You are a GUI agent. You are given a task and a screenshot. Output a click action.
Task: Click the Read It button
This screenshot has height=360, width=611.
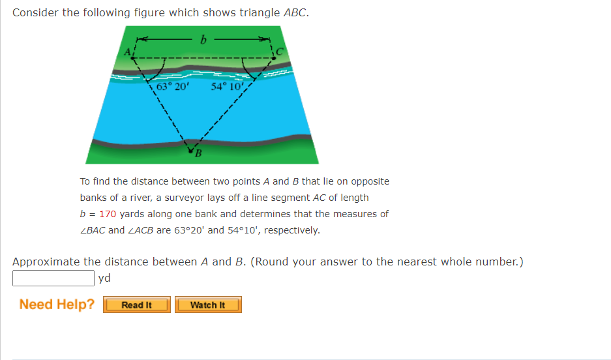(x=137, y=305)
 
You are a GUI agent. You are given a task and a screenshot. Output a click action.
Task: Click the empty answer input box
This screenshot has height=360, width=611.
(x=53, y=278)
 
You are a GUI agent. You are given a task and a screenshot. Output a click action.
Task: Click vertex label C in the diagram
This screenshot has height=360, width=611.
(x=280, y=51)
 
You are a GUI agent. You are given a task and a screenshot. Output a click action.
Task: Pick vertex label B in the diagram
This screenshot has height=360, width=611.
(x=196, y=154)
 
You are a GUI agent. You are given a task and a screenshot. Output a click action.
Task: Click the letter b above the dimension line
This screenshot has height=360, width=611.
(x=203, y=40)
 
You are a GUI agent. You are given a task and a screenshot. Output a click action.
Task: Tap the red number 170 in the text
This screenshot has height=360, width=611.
(x=108, y=214)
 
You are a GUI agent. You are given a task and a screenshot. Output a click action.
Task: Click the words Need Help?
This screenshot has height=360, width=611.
(x=57, y=305)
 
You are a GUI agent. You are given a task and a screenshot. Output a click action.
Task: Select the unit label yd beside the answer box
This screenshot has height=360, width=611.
(x=104, y=278)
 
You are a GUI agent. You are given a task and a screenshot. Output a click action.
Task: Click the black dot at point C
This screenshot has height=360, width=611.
(x=275, y=58)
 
